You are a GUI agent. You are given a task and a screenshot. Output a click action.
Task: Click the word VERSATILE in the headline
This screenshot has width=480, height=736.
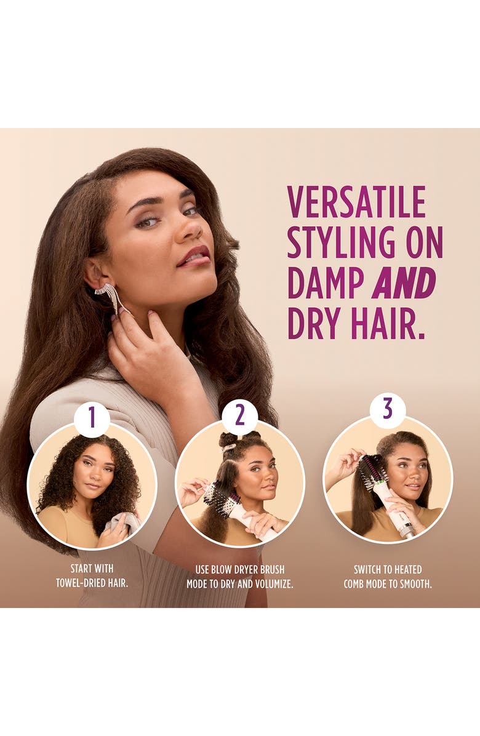(x=356, y=202)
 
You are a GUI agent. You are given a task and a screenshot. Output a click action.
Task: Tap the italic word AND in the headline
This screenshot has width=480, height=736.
(x=404, y=283)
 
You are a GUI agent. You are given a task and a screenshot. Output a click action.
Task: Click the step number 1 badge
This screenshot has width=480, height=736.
(x=92, y=417)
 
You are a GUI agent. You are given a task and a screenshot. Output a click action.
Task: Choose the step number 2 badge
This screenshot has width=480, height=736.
(x=240, y=416)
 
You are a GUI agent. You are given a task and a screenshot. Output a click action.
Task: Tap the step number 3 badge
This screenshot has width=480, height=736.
(x=387, y=409)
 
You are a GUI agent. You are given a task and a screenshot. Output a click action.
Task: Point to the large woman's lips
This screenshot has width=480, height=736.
(x=193, y=257)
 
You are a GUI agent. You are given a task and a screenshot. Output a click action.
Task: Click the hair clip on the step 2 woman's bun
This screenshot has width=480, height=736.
(x=229, y=447)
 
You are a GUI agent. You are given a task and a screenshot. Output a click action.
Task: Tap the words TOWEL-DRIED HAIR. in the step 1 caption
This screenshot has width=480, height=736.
(x=92, y=583)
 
